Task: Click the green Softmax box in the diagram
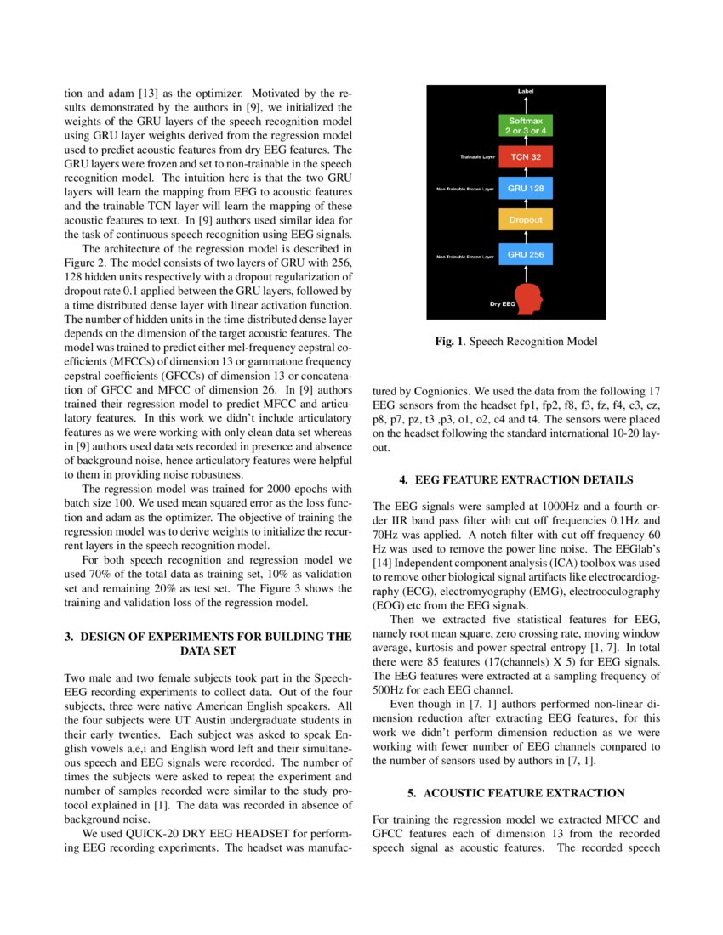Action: pyautogui.click(x=527, y=126)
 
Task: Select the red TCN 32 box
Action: pyautogui.click(x=527, y=157)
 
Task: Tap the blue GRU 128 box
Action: pyautogui.click(x=527, y=189)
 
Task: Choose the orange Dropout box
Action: pyautogui.click(x=527, y=220)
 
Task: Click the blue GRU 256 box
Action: pyautogui.click(x=527, y=253)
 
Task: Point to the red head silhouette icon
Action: pyautogui.click(x=529, y=298)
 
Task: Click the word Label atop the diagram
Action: pyautogui.click(x=527, y=91)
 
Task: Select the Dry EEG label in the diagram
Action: pyautogui.click(x=503, y=303)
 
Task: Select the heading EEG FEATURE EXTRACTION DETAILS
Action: pyautogui.click(x=517, y=480)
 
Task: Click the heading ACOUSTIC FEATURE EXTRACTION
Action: pyautogui.click(x=517, y=793)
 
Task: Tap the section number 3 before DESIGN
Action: pyautogui.click(x=69, y=636)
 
